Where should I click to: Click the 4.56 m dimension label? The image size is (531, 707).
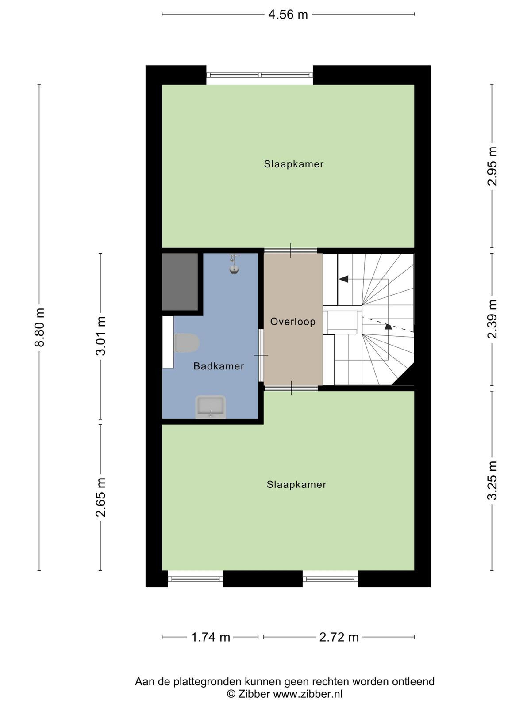[x=288, y=15]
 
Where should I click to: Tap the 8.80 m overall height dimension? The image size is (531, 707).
[x=39, y=327]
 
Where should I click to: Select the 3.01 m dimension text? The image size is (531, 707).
[x=100, y=336]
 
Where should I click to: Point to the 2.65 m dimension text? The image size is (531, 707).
[x=100, y=497]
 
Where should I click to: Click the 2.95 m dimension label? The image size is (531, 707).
[x=492, y=166]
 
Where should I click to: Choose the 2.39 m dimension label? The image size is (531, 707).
[x=492, y=319]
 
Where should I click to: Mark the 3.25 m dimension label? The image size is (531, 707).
[x=492, y=480]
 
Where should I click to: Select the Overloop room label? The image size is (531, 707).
[x=293, y=322]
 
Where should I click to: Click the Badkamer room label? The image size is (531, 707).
[x=219, y=366]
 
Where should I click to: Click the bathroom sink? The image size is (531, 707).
[x=211, y=407]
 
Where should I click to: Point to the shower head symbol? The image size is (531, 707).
[x=234, y=264]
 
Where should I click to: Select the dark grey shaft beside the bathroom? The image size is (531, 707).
[x=180, y=282]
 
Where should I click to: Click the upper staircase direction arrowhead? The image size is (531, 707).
[x=343, y=279]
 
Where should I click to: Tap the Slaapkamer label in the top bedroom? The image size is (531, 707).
[x=294, y=164]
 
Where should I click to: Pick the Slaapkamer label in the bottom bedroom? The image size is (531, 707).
[x=296, y=484]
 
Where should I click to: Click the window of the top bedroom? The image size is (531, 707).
[x=260, y=75]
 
